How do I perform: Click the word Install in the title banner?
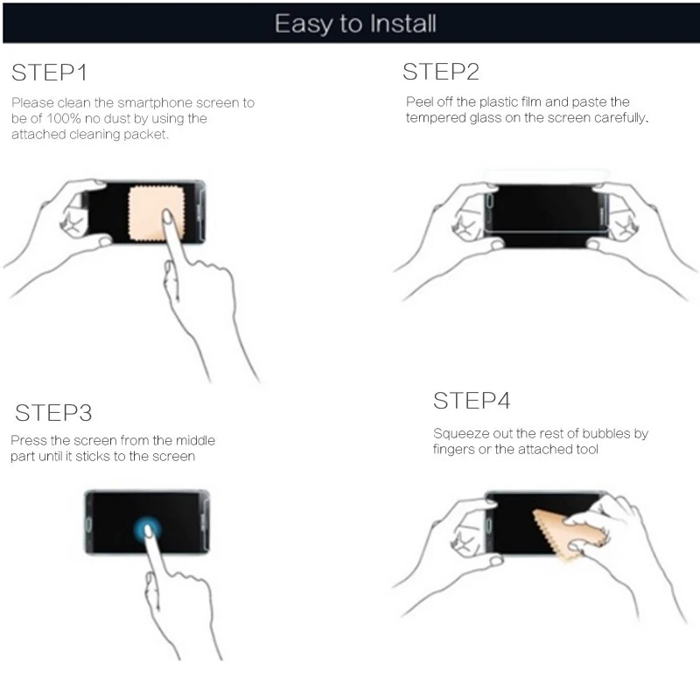pos(403,24)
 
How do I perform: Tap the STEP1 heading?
pos(49,73)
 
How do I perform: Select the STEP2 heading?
pos(441,72)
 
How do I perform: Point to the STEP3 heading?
pos(53,413)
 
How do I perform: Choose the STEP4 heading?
pos(472,401)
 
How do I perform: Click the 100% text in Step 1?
pos(63,119)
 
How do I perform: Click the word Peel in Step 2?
pos(420,101)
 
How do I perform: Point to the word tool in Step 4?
pos(587,449)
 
